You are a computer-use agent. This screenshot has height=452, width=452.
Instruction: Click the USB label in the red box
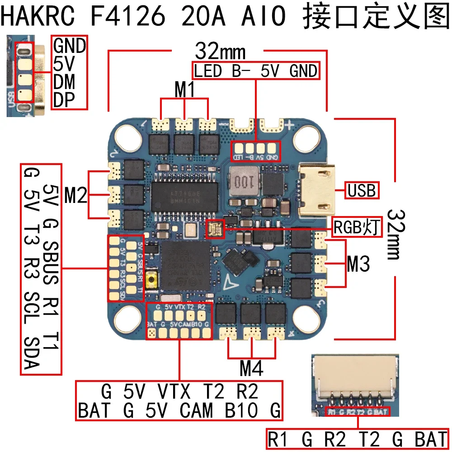tap(362, 191)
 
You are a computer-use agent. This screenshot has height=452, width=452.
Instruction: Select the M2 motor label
tap(75, 195)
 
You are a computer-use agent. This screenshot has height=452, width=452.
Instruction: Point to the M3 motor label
tap(358, 264)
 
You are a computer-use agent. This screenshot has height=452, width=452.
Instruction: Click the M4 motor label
tap(251, 369)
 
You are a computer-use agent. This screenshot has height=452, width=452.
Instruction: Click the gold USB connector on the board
tap(319, 190)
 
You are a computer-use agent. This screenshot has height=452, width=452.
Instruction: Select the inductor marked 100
tap(243, 183)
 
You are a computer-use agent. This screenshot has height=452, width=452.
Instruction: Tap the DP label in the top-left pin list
tap(64, 100)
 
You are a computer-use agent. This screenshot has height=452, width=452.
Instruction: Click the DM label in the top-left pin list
tap(64, 82)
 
